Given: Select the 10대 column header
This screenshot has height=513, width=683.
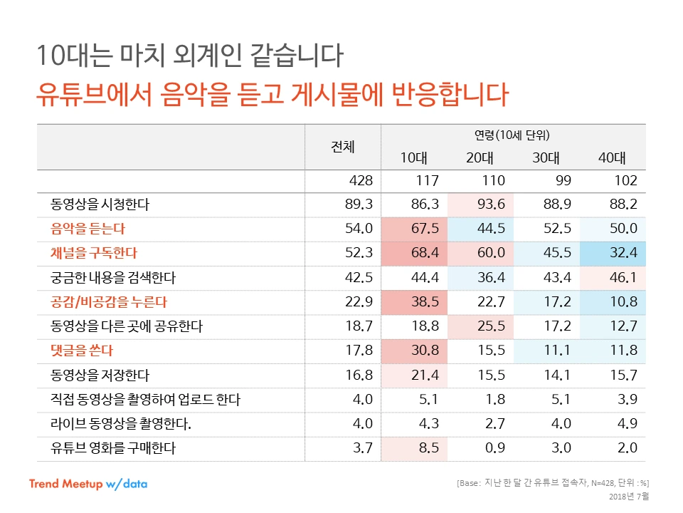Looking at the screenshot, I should click(413, 158).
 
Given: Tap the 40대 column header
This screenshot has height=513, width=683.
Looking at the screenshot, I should click(611, 158).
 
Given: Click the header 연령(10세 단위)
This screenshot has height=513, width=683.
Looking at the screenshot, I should click(512, 135).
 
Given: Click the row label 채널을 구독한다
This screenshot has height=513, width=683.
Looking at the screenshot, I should click(93, 253).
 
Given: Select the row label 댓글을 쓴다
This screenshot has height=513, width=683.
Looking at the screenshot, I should click(82, 351).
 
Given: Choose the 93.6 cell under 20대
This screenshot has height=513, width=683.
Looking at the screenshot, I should click(490, 204).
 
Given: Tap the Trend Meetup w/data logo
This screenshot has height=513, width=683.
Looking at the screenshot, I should click(88, 484).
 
